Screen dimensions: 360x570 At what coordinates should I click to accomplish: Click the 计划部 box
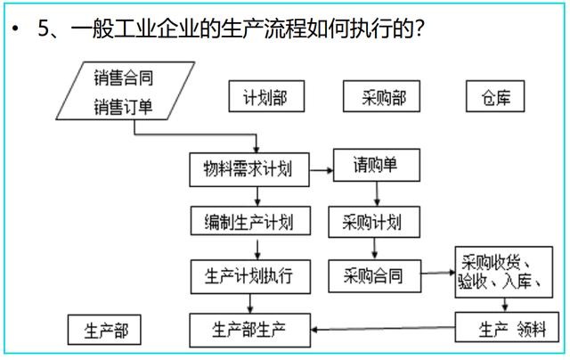[258, 96]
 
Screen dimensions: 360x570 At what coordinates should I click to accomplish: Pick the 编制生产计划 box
[243, 220]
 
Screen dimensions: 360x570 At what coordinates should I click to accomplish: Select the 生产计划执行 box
[243, 274]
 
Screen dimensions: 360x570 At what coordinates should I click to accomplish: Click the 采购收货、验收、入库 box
[506, 273]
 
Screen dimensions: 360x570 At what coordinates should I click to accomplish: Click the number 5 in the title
[44, 30]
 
